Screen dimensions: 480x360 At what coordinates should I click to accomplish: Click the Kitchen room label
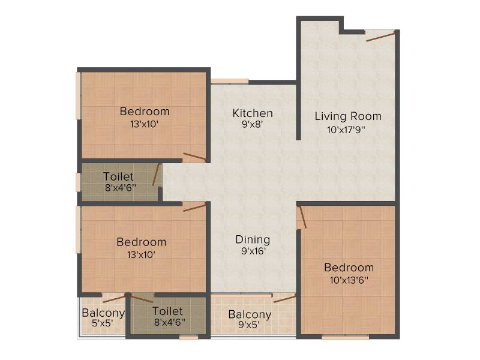(253, 113)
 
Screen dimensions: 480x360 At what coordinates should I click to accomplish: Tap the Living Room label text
(348, 116)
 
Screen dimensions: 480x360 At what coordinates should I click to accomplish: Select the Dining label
(253, 239)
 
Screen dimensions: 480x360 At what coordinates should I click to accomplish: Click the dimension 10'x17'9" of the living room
(346, 130)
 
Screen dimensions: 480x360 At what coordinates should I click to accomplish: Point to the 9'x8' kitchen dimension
(253, 125)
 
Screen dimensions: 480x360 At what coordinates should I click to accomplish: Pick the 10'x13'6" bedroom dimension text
(349, 280)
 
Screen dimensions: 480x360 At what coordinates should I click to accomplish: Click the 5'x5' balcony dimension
(103, 323)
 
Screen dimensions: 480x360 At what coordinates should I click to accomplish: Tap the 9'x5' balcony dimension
(249, 325)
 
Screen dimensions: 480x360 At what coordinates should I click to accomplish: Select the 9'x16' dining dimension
(253, 251)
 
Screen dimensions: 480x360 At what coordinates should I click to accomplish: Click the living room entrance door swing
(381, 37)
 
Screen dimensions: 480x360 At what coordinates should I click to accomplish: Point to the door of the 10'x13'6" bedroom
(302, 217)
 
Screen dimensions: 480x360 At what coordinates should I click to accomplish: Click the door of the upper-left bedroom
(194, 156)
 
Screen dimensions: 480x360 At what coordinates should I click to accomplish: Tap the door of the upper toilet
(156, 175)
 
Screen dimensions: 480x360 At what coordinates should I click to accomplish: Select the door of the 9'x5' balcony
(284, 299)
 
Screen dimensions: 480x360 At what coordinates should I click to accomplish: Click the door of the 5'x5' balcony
(114, 299)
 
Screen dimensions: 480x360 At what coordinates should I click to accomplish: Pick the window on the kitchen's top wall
(230, 81)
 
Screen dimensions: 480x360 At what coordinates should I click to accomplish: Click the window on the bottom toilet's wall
(188, 338)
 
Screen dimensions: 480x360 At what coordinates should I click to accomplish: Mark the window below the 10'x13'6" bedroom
(346, 337)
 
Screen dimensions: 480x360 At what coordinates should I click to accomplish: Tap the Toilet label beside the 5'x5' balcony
(167, 311)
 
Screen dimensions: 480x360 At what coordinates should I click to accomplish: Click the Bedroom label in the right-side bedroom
(349, 268)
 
